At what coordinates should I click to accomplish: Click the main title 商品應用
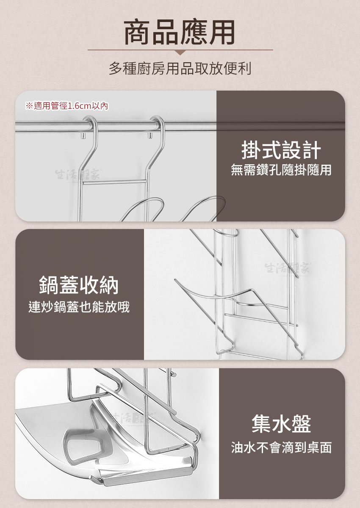point(180,32)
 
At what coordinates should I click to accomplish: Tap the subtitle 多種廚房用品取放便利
point(180,68)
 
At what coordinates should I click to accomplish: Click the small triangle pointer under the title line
point(180,52)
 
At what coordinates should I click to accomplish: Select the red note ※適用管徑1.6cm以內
point(66,106)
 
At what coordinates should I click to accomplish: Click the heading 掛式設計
point(281,150)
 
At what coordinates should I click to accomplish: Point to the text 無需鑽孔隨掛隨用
point(281,170)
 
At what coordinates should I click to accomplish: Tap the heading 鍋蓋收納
point(79,285)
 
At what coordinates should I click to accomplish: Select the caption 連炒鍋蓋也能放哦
point(79,307)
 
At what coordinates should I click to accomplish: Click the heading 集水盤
point(281,423)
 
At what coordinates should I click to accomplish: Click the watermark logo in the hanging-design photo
point(78,174)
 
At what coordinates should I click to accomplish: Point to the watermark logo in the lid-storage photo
point(288,268)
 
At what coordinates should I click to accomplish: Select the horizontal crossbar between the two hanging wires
point(114,182)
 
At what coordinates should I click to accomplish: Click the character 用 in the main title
point(222,32)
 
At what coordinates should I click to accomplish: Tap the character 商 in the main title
point(137,32)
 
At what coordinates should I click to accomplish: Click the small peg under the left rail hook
point(83,135)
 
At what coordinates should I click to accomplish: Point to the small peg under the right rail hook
point(150,135)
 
